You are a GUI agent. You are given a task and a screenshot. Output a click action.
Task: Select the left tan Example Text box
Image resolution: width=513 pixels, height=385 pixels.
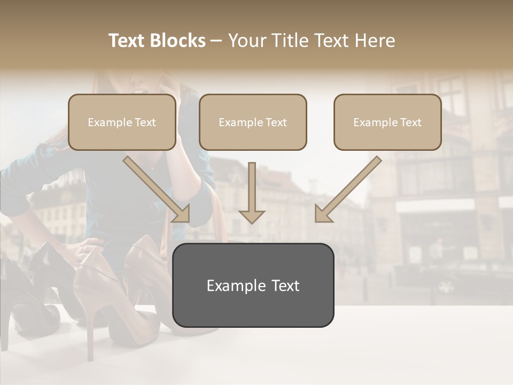point(122,122)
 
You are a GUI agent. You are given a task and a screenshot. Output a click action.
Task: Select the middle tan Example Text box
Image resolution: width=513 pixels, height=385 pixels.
point(253,122)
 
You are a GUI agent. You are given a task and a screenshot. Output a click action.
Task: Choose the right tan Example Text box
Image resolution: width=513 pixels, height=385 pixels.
point(387,122)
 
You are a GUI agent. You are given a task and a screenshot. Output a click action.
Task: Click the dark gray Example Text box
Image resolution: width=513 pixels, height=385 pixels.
point(253,285)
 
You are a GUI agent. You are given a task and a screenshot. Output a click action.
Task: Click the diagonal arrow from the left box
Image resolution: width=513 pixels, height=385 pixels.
point(157,189)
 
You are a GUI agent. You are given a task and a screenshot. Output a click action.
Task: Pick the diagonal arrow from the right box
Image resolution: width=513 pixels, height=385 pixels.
point(347,189)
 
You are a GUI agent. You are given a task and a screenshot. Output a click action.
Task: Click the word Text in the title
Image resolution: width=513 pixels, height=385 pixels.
point(128,41)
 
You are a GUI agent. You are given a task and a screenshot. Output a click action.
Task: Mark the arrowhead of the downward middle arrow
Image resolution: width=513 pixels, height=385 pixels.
point(252,216)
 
